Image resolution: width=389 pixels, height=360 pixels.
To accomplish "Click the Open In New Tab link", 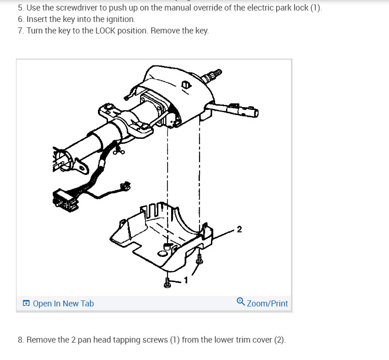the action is coord(63,303).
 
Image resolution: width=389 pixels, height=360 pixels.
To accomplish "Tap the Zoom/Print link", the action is coord(267,303).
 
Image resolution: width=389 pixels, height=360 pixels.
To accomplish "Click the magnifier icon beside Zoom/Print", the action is coord(241,301).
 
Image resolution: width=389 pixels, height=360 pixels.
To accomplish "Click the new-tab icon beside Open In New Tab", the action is coord(26,303).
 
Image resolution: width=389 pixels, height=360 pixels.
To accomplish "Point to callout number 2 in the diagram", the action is coord(239,229).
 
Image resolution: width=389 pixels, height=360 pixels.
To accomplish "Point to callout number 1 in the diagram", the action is coord(186,280).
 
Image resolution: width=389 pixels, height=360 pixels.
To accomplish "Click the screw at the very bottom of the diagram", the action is coord(167,283).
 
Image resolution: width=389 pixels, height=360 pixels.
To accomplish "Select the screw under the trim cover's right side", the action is coord(199,259).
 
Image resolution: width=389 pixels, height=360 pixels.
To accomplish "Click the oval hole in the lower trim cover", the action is coord(162,253).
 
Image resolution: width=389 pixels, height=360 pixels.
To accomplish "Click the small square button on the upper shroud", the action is coord(186,85).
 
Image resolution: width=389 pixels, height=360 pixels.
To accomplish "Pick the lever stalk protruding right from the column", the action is coord(232,109).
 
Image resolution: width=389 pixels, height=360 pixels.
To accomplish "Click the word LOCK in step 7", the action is coord(105,31).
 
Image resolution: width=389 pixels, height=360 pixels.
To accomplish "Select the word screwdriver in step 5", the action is coord(77,8).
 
